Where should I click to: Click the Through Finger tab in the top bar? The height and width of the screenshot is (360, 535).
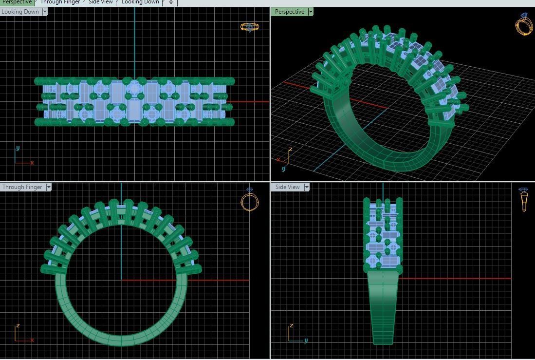tap(60, 2)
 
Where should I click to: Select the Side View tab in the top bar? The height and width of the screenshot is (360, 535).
tap(100, 2)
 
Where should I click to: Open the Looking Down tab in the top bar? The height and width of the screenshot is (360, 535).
tap(140, 2)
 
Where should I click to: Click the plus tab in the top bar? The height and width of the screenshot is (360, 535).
tap(171, 2)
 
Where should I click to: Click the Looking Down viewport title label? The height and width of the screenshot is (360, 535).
tap(20, 12)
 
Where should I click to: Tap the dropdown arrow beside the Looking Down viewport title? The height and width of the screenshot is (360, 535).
tap(44, 12)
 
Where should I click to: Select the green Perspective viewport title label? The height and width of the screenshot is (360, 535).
tap(289, 12)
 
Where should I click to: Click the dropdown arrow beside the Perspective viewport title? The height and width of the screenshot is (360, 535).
tap(311, 12)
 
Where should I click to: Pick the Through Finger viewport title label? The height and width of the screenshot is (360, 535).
tap(22, 187)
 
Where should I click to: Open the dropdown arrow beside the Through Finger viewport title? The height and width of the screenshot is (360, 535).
tap(48, 187)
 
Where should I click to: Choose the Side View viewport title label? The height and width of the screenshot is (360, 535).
tap(287, 187)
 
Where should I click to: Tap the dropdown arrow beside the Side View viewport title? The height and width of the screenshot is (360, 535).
tap(307, 187)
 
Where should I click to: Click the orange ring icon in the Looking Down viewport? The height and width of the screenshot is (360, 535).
tap(250, 27)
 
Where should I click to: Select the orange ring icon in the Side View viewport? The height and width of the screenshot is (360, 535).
tap(524, 200)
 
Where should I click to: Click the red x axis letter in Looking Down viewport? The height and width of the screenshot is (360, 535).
tap(32, 163)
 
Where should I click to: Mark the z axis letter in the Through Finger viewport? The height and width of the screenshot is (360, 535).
tap(18, 325)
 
